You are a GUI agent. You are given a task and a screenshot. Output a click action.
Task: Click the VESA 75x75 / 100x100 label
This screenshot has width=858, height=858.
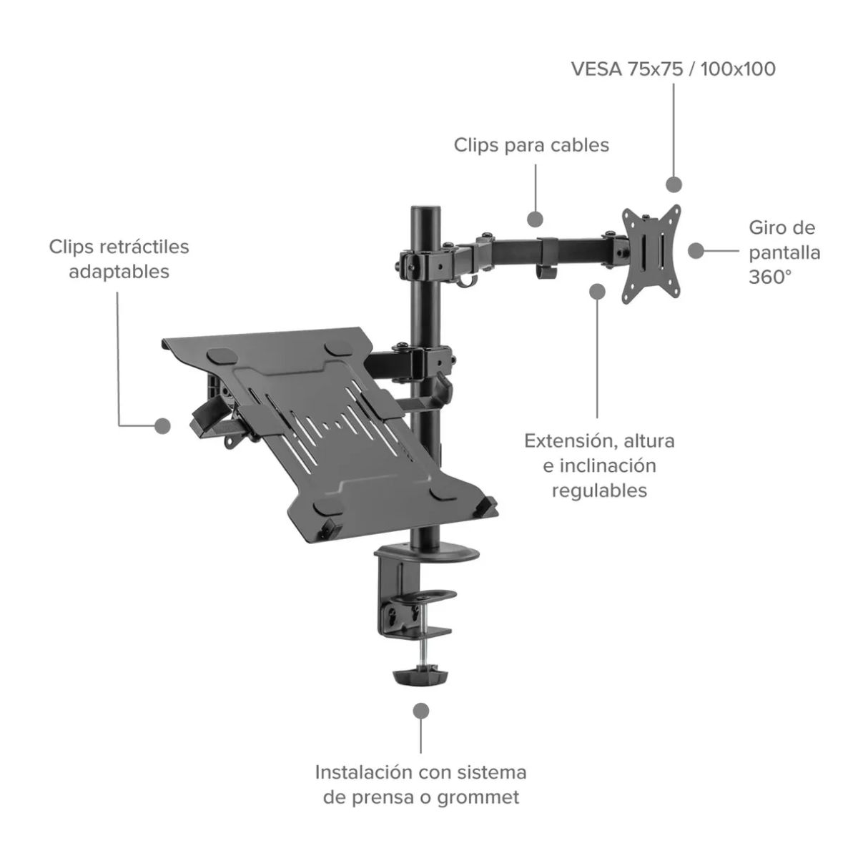(x=673, y=69)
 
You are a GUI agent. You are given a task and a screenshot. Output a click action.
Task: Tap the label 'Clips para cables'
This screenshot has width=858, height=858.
(x=531, y=145)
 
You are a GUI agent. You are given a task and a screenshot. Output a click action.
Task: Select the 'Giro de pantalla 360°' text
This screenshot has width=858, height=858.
(x=784, y=252)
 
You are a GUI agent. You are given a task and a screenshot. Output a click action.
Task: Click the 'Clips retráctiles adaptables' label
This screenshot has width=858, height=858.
(x=119, y=259)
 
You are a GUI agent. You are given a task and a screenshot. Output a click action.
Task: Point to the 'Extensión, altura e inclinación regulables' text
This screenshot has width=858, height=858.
(x=599, y=465)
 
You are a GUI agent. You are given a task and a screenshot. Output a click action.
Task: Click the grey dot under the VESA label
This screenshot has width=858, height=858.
(x=674, y=184)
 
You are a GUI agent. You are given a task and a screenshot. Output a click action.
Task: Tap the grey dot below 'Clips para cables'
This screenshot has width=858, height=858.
(x=535, y=219)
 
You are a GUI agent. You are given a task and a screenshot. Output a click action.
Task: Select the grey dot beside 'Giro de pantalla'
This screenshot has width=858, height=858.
(x=696, y=251)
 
